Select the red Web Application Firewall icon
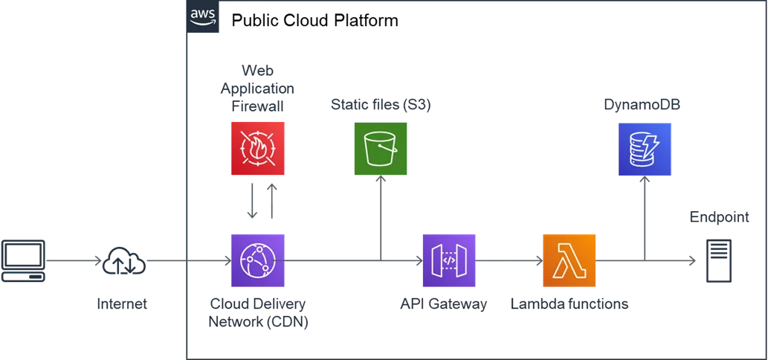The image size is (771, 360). (x=258, y=149)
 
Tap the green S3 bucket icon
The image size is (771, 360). (x=381, y=149)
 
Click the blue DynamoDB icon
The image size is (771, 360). (x=645, y=149)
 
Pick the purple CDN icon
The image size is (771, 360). (x=258, y=260)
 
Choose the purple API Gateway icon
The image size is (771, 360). (x=449, y=260)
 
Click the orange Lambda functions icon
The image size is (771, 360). (x=569, y=260)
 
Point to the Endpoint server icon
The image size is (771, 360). (x=719, y=260)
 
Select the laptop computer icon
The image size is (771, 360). (x=23, y=260)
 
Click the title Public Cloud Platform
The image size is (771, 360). (x=314, y=21)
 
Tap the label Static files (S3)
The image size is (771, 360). (x=381, y=105)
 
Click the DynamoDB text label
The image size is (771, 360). (x=642, y=105)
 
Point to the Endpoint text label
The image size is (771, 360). (x=720, y=217)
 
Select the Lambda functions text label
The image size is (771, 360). (x=570, y=303)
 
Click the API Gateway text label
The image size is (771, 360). (x=444, y=303)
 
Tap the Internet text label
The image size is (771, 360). (x=122, y=303)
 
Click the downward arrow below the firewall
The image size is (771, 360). (x=252, y=201)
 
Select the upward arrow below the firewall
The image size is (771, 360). (x=271, y=201)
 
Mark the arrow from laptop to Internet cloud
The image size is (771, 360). (x=74, y=260)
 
